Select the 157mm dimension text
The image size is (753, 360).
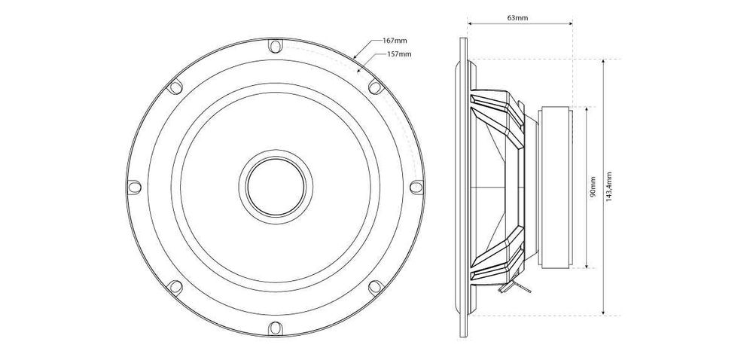coord(399,54)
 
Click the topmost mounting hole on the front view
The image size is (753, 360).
coord(273,47)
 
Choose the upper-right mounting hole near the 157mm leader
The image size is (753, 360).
coord(373,86)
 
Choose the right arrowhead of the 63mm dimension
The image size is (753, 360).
coord(572,24)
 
